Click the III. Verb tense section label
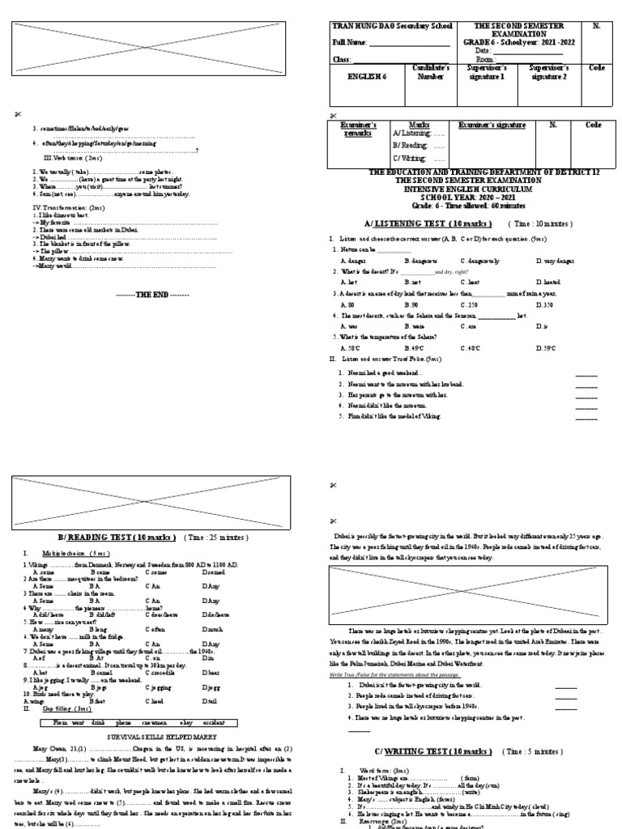(73, 158)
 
